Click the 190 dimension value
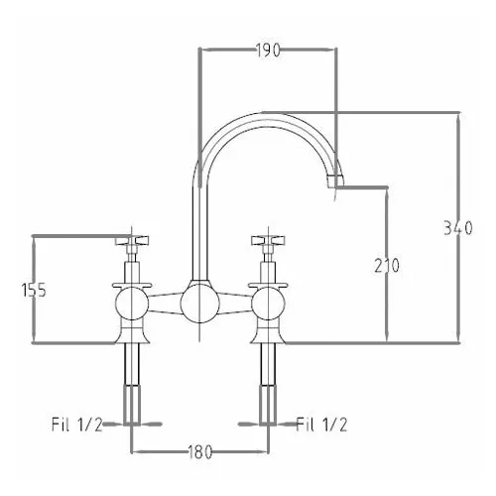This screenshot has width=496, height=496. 268,51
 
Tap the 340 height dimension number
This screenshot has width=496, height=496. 458,228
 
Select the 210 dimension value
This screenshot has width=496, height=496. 387,266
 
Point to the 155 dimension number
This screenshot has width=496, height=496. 34,291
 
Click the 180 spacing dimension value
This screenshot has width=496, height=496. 200,451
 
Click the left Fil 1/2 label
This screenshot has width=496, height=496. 77,425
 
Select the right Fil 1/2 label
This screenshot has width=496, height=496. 321,425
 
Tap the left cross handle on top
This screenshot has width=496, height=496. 132,240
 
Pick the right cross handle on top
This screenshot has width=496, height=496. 268,240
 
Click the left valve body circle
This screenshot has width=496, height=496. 132,304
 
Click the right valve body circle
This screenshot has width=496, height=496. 268,304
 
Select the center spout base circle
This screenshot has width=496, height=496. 200,304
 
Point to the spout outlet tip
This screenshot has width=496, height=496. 335,183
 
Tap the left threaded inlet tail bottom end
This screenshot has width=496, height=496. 132,423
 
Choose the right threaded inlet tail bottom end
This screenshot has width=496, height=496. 268,423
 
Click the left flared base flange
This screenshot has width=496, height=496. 132,334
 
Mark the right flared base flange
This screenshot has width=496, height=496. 268,334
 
